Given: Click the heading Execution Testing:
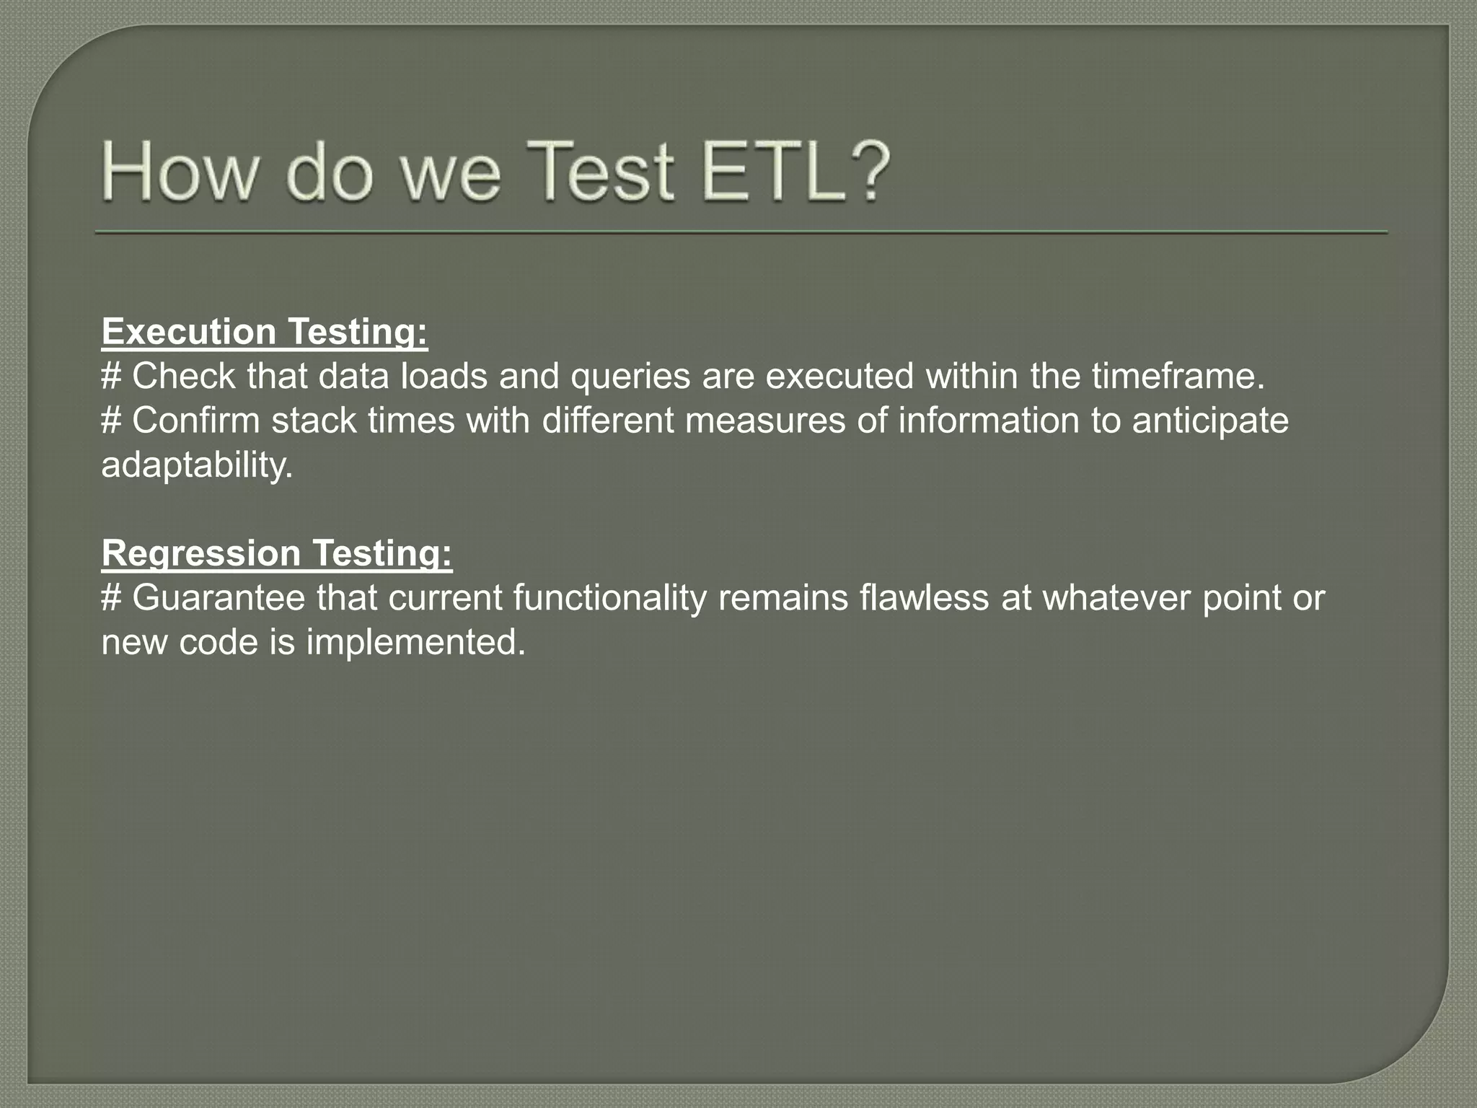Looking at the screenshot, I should (x=265, y=332).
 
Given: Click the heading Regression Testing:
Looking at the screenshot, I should (x=277, y=553).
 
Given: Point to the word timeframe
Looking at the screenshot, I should (x=1178, y=377).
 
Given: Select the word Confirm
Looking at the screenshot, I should (x=195, y=421).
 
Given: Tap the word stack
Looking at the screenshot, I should (x=314, y=421).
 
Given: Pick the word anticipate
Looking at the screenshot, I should (x=1209, y=421).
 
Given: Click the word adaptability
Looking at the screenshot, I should (x=197, y=465).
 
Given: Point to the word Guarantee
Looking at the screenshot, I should (x=219, y=598).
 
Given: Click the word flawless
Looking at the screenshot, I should (x=924, y=598).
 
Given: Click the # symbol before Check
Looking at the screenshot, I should (x=111, y=377).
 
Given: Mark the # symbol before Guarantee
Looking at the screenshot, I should (x=111, y=598).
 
